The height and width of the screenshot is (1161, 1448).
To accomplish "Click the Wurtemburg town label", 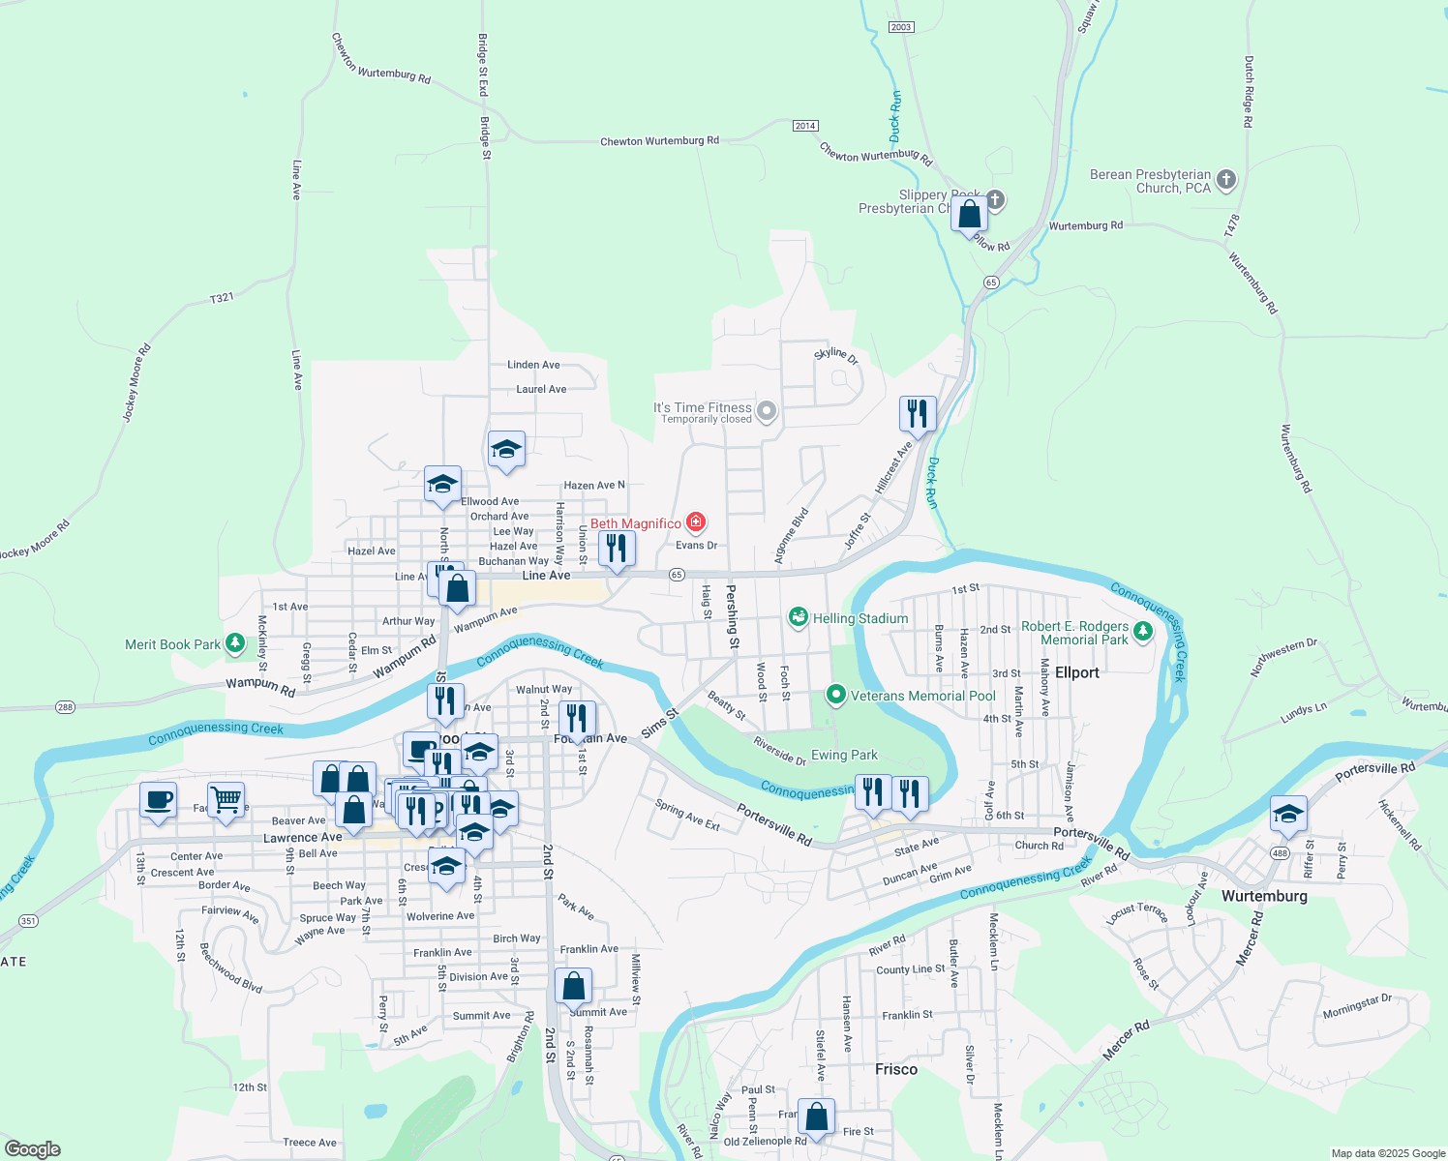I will point(1264,896).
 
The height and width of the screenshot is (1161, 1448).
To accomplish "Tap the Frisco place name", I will point(895,1069).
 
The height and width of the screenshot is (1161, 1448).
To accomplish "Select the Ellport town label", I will point(1077,672).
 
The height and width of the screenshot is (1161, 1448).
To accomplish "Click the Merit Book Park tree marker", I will point(235,643).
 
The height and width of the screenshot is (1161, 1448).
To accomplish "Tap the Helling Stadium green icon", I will point(799,617).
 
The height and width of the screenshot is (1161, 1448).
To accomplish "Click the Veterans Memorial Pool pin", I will point(835,695).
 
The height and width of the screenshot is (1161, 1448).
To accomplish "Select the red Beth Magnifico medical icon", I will point(695,522).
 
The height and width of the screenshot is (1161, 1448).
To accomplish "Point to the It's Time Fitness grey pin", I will point(767,412).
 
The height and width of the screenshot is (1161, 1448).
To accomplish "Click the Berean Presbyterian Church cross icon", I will point(1226,179).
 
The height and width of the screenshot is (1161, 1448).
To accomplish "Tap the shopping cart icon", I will point(226,799).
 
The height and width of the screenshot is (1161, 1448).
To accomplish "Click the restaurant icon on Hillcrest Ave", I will point(917,414).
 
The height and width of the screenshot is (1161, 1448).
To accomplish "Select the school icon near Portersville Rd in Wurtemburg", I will point(1288,814).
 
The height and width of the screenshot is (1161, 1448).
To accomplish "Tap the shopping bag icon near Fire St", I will point(816,1116).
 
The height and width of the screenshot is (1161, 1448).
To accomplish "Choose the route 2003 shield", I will point(901,27).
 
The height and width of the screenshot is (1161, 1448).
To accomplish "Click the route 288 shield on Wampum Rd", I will point(65,707).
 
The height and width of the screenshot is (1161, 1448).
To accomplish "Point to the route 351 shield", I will point(29,921).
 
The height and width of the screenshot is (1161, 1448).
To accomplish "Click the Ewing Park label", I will point(844,755).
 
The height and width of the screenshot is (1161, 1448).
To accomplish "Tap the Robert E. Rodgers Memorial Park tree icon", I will point(1143,632).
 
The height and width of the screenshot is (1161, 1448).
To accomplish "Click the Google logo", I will point(33,1149).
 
